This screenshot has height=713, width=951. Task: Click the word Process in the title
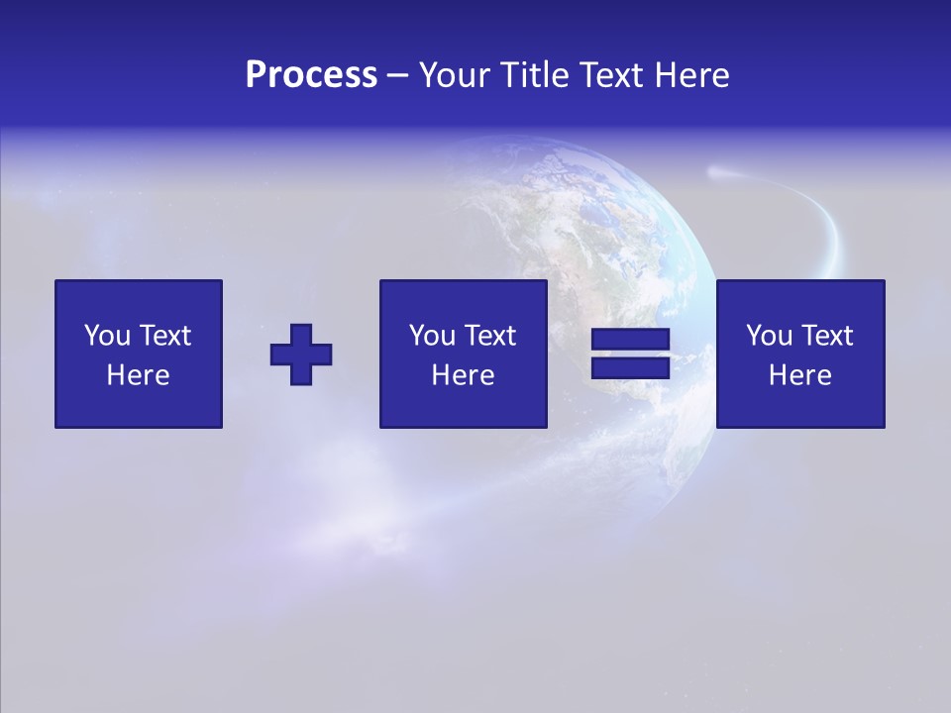coord(311,75)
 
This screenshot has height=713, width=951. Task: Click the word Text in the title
coord(608,75)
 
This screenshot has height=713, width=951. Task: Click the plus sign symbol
coord(301,355)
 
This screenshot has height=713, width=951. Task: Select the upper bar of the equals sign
coord(630,341)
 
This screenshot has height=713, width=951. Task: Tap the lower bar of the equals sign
coord(630,368)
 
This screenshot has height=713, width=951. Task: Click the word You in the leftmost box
coord(107,336)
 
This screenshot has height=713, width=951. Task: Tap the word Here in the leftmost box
coord(139,375)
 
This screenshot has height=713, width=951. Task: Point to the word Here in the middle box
coord(463,375)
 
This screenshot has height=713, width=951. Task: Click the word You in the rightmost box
coord(769,336)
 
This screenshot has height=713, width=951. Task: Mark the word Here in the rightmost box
coord(800,375)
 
